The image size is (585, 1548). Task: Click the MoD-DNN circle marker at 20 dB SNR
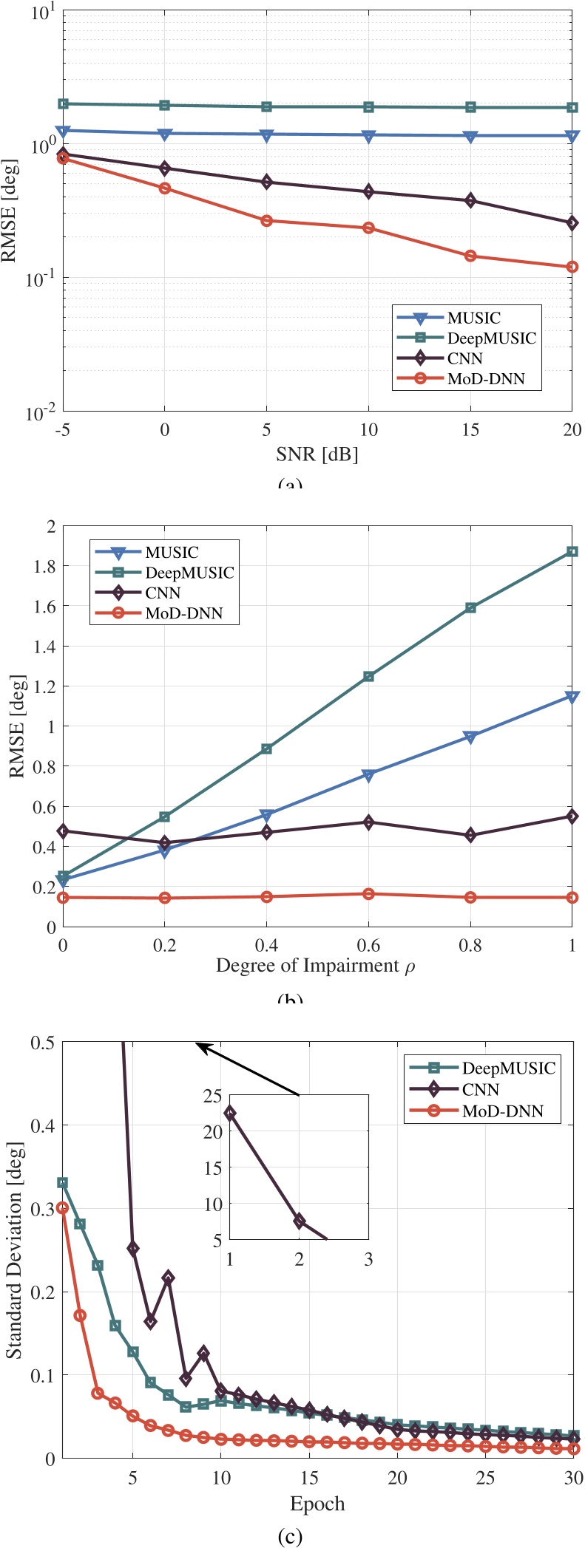(572, 267)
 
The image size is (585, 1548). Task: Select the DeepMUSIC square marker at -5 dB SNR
(64, 104)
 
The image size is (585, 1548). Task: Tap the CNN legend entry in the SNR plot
(464, 359)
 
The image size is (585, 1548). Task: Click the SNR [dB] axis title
(317, 454)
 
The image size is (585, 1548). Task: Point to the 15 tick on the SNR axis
(470, 430)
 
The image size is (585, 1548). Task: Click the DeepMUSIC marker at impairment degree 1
(572, 552)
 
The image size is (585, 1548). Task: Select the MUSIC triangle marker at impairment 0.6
(368, 775)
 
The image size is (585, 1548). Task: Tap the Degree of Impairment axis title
(316, 966)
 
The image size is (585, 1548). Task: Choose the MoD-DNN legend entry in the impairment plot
(183, 613)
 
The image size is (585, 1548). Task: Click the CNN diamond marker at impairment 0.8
(470, 836)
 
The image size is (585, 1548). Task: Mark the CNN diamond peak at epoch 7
(168, 1278)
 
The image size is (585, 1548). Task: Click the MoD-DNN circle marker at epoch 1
(63, 1207)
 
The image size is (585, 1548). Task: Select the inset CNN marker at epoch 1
(230, 1113)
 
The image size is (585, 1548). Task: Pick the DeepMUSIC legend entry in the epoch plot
(508, 1068)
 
